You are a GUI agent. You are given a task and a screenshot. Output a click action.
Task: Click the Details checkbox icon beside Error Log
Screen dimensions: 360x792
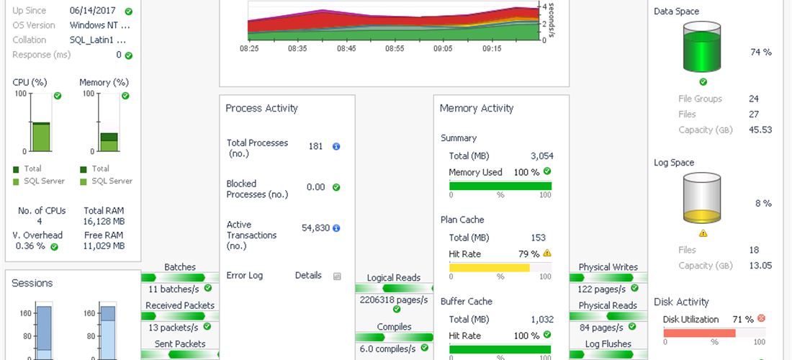pos(336,276)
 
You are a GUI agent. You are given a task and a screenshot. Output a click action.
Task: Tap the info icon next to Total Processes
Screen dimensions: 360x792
pos(336,146)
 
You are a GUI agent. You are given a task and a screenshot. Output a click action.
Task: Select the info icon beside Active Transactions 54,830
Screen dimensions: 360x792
pos(336,228)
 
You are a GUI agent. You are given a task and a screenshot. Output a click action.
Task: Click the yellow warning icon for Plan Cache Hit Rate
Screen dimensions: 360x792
pos(547,253)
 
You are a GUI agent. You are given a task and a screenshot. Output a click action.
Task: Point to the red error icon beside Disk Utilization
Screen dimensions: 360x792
pos(761,318)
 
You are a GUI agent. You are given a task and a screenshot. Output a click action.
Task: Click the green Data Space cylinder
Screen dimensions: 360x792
pos(701,48)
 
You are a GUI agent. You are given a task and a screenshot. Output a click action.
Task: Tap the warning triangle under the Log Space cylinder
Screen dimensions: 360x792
pos(703,233)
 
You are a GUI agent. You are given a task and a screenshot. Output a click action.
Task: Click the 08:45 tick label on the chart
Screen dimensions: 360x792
pos(347,49)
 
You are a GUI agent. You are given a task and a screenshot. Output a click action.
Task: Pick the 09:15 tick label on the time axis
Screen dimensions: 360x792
pos(492,49)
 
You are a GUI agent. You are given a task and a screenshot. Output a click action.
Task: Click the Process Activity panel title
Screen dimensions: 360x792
pos(261,108)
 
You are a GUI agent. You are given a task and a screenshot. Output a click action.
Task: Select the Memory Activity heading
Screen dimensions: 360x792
pos(477,108)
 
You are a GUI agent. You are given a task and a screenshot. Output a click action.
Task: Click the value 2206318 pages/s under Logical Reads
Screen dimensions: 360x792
pos(394,300)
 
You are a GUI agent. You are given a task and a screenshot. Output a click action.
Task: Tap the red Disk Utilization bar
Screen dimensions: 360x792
pos(699,333)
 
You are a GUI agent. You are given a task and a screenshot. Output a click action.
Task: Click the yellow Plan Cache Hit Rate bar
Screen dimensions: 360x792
pos(490,268)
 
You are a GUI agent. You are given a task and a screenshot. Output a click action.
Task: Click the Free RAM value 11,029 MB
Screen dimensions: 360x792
pos(104,246)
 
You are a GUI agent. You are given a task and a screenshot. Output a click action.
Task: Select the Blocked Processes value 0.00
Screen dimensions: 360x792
pos(315,187)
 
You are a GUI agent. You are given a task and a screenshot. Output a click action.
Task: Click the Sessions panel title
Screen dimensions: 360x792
pos(32,283)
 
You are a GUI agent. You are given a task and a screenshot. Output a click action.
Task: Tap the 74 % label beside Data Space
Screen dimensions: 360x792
pos(760,52)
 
